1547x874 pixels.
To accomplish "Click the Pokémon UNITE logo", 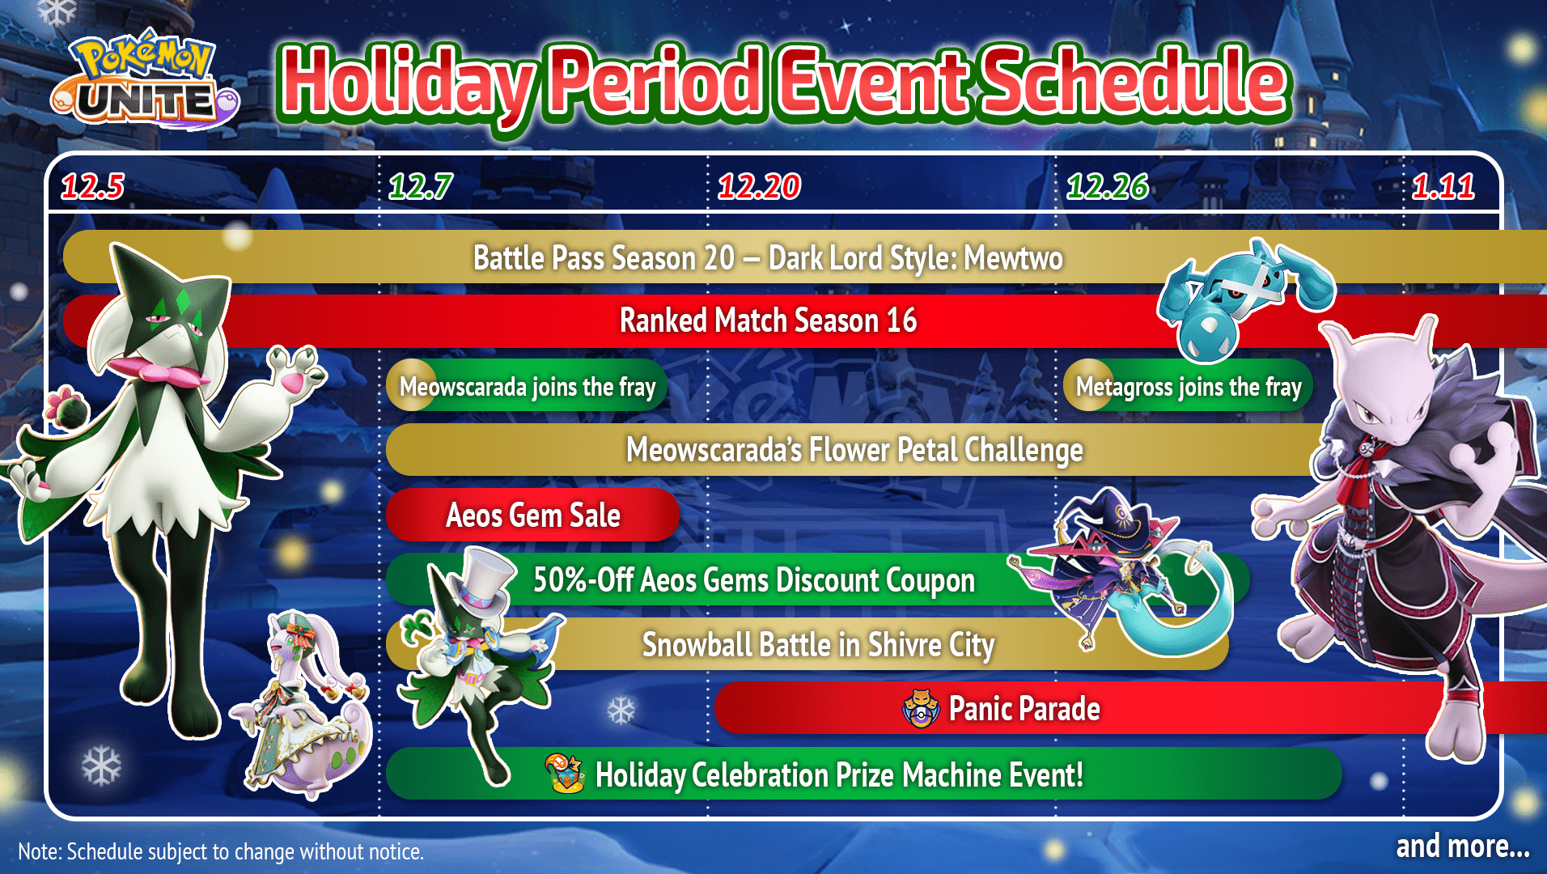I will (x=146, y=81).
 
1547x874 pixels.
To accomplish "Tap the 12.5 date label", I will (x=92, y=187).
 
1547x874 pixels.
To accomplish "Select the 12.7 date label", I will (x=420, y=187).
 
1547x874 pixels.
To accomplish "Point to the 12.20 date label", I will (x=759, y=187).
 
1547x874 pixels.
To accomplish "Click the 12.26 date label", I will (x=1107, y=187).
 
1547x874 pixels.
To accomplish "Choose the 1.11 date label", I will (x=1443, y=187).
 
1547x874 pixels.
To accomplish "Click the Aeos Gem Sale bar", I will (x=532, y=515).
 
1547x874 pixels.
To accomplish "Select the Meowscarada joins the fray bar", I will (x=528, y=387).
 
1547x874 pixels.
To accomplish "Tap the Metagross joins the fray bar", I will (x=1188, y=387).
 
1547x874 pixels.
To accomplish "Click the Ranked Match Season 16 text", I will (x=768, y=320).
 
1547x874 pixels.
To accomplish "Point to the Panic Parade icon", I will (x=920, y=709).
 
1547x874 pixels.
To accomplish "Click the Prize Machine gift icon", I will (x=565, y=773).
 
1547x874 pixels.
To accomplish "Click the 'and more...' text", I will (x=1462, y=846).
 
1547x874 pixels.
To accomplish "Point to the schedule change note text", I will (x=221, y=851).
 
